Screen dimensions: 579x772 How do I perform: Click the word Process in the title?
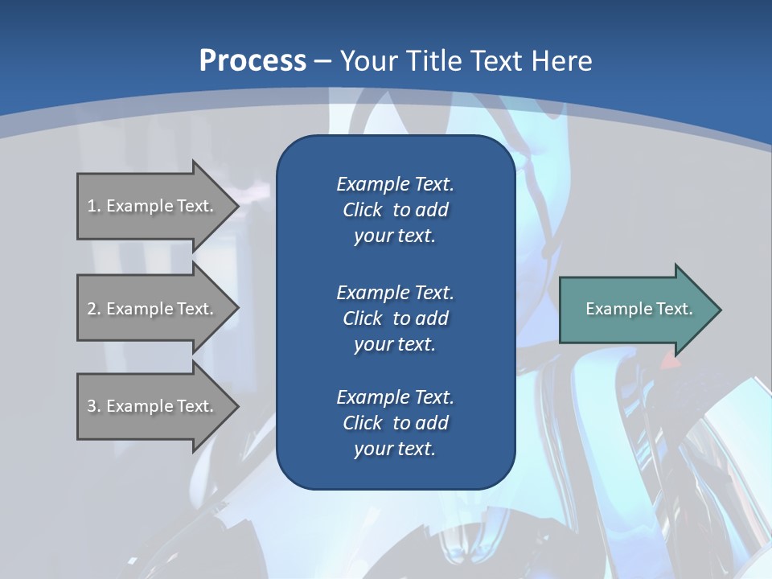click(253, 61)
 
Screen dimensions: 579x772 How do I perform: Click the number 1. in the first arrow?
click(94, 206)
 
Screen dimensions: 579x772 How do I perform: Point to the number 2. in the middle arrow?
click(94, 309)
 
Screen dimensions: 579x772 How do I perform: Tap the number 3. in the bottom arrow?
click(94, 406)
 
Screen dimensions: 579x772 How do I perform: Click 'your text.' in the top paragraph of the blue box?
click(395, 236)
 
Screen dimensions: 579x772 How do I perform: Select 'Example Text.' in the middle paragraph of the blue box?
click(395, 292)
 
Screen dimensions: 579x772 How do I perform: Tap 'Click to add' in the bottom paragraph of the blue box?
click(395, 423)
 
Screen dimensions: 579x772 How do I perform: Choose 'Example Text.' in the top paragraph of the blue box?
click(395, 184)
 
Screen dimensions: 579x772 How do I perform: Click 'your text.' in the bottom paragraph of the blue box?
click(395, 450)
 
